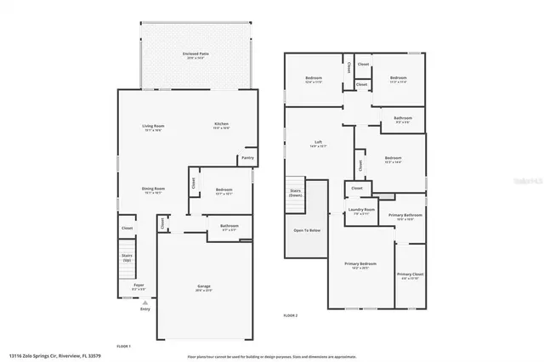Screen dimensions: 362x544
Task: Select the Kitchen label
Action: [x=222, y=125]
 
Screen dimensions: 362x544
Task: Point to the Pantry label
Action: [x=247, y=157]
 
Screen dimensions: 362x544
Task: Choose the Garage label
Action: [x=204, y=286]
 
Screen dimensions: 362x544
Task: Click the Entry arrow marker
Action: [x=144, y=303]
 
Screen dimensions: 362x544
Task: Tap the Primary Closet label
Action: [x=409, y=274]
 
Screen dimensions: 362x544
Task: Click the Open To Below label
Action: [x=306, y=230]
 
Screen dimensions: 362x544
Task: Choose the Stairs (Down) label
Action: [x=296, y=192]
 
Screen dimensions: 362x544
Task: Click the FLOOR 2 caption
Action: [x=292, y=315]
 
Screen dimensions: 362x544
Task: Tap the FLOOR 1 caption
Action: [x=123, y=346]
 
